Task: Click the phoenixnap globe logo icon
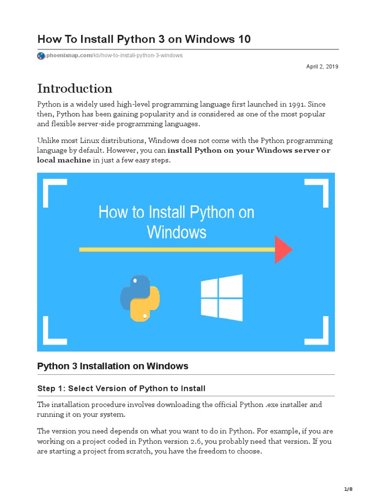tap(41, 56)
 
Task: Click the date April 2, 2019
tap(322, 67)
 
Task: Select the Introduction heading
tap(75, 89)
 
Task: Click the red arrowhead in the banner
tap(283, 250)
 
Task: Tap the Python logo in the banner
tap(140, 298)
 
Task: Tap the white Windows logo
tap(222, 298)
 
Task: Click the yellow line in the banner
tap(176, 250)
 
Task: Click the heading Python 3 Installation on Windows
tap(113, 366)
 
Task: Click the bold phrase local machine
tap(64, 160)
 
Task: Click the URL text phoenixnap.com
tap(69, 56)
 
